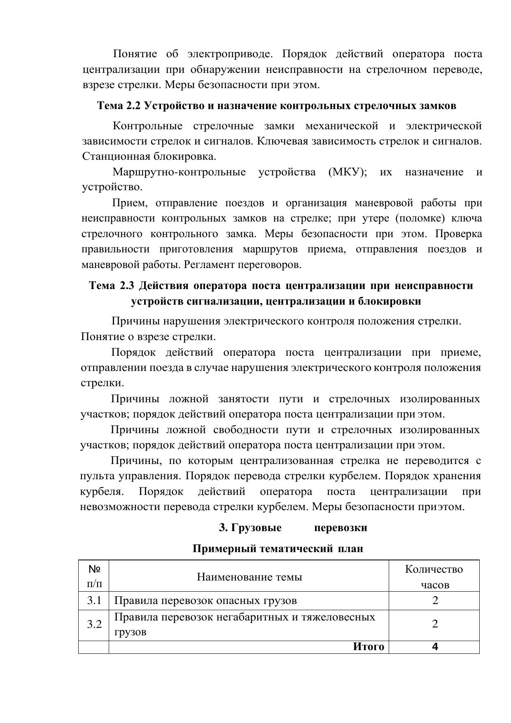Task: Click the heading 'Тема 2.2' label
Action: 119,106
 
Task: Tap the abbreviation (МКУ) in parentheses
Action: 348,172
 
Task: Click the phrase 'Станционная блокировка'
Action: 149,156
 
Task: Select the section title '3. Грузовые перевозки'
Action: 293,527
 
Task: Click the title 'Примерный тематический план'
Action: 278,548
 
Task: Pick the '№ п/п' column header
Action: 94,576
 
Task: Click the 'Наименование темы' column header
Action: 249,576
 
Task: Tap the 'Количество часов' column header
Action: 434,576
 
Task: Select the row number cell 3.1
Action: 94,600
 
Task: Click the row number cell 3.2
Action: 94,624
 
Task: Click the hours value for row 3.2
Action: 435,624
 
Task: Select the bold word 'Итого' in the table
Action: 369,646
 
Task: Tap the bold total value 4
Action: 435,646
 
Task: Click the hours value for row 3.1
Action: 435,600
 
